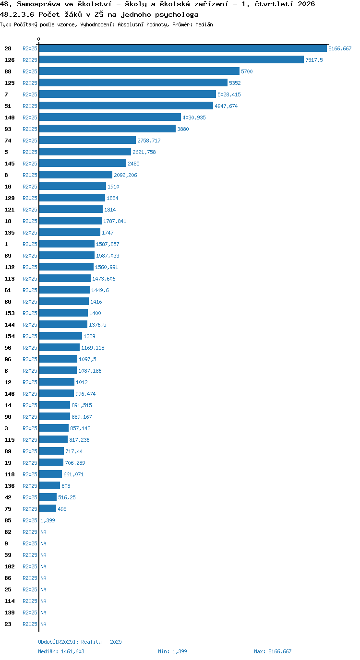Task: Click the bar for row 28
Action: (183, 48)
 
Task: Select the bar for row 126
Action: (171, 60)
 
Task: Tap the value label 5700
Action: (247, 71)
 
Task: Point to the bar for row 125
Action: (133, 83)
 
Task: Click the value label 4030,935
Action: (194, 118)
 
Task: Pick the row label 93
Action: (8, 129)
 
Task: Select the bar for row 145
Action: (83, 164)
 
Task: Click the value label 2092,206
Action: (125, 175)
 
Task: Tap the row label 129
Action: (10, 198)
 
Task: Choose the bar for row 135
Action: (70, 233)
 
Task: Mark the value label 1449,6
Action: (100, 290)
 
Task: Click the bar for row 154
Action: (60, 336)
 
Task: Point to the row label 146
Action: (10, 394)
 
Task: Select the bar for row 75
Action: (48, 509)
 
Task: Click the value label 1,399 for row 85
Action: (48, 520)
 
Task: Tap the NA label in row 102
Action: (43, 566)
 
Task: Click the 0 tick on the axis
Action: (38, 39)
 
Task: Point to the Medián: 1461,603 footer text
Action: (61, 651)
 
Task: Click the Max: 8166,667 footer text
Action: (273, 651)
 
